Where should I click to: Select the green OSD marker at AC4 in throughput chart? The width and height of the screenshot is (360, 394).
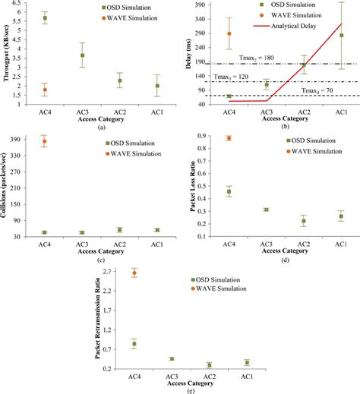[x=45, y=17]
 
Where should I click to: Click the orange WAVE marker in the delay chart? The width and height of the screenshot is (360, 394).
[x=229, y=33]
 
